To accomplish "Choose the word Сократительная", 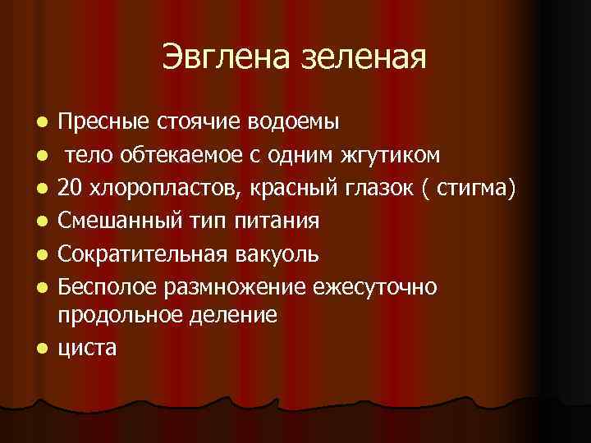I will click(135, 254).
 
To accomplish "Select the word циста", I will click(88, 348).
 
